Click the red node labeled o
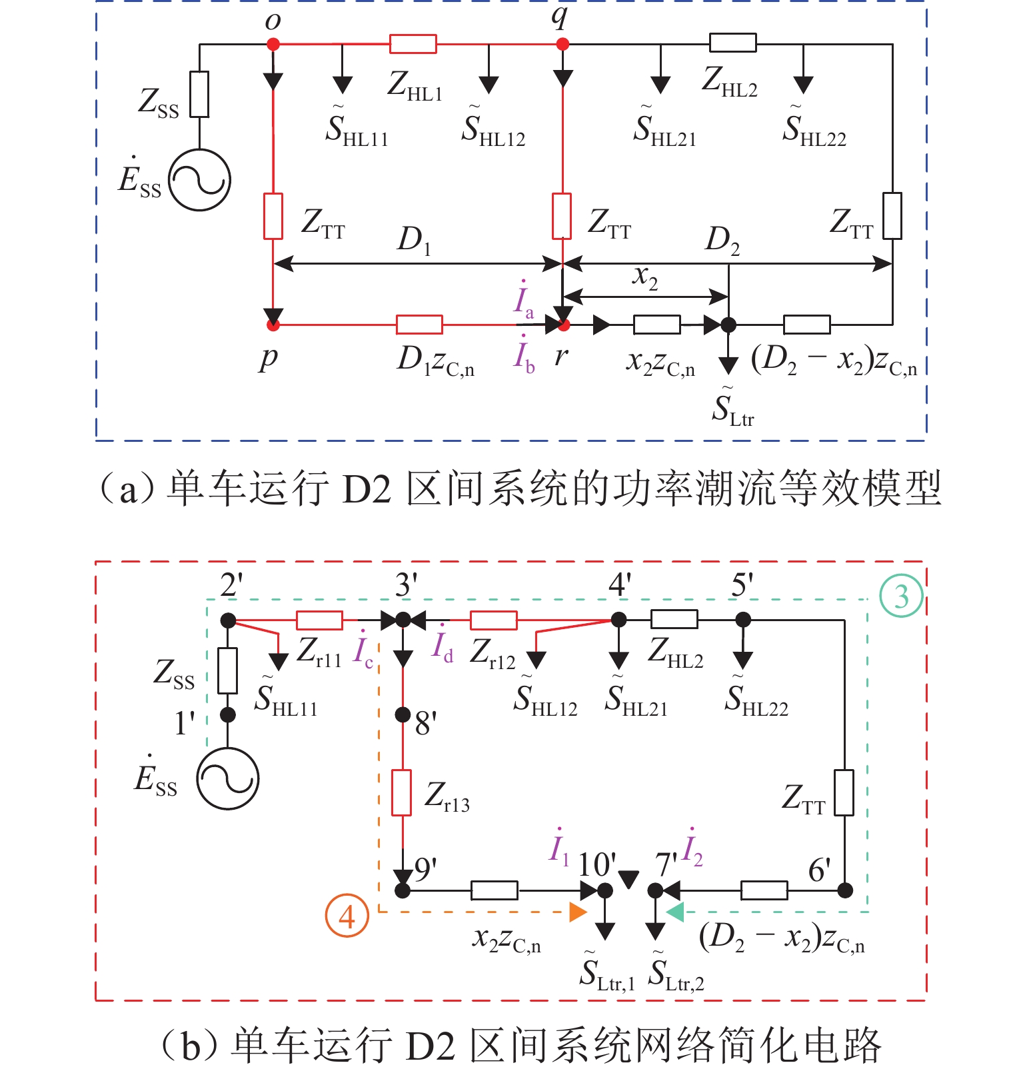(x=273, y=45)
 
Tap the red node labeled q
(x=563, y=45)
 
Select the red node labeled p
(x=273, y=325)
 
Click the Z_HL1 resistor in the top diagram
(x=413, y=45)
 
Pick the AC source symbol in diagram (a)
(x=199, y=180)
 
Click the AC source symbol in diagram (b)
(x=228, y=778)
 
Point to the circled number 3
(x=901, y=596)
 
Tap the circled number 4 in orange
(x=347, y=916)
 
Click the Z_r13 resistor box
(x=401, y=792)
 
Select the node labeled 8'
(x=403, y=715)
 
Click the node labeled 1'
(x=228, y=715)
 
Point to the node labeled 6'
(x=845, y=890)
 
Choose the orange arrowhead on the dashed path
(x=577, y=912)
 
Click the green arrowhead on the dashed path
(x=675, y=912)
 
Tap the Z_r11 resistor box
(x=320, y=620)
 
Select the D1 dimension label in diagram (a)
(x=414, y=240)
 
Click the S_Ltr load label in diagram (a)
(x=732, y=408)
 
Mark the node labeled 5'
(x=742, y=620)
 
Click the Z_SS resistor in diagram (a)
(x=199, y=94)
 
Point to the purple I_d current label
(x=443, y=646)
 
